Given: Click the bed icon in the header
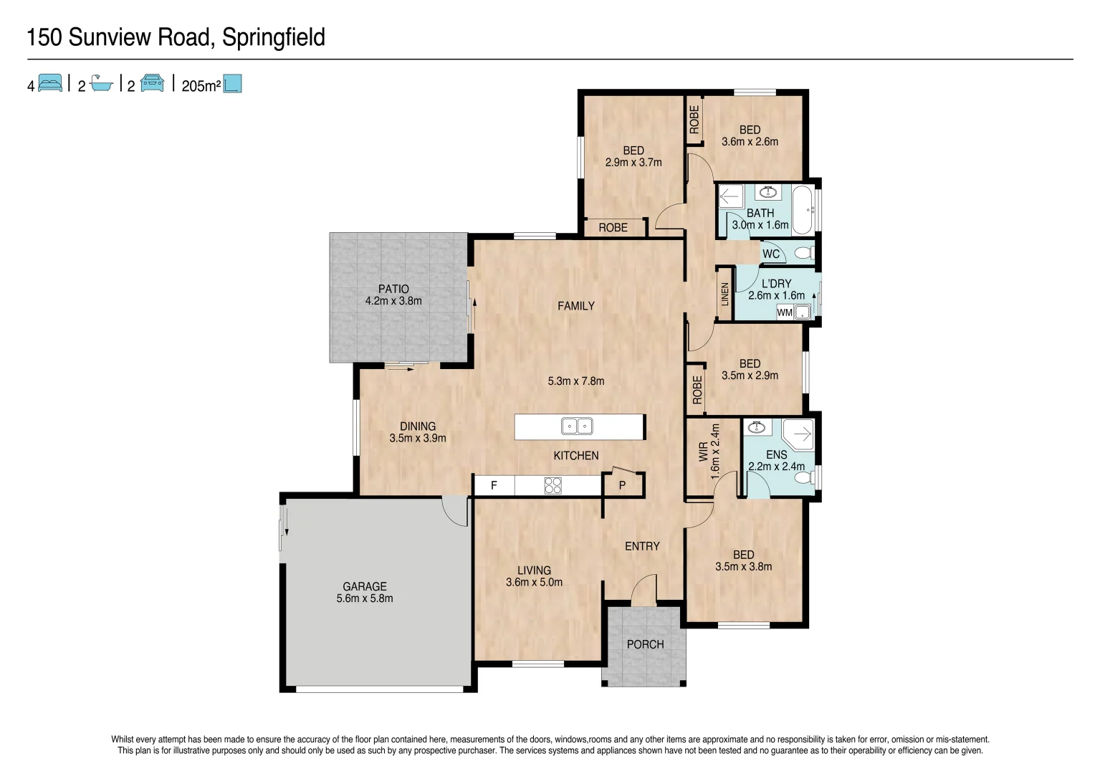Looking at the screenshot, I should (x=50, y=83).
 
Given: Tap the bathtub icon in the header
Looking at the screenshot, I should (x=102, y=84).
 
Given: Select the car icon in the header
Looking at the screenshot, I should (x=152, y=83).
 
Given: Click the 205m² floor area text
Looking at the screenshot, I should (x=201, y=86).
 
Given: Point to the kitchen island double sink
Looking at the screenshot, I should (x=577, y=426).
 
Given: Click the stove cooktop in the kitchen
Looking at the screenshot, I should (x=552, y=485).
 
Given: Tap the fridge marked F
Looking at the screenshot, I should (x=494, y=485).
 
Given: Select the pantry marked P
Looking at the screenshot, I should (x=622, y=485).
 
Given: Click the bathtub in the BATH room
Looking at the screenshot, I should (x=803, y=209).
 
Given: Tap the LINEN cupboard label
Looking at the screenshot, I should (x=725, y=294).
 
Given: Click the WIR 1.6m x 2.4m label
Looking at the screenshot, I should (x=709, y=450).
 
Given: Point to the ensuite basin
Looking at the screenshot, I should (x=756, y=428).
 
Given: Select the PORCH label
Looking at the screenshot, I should (x=645, y=644).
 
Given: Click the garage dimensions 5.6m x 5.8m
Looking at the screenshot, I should (x=365, y=598).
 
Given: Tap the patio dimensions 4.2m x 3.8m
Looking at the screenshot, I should (x=393, y=301).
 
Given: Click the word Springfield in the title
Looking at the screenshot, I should (x=274, y=37).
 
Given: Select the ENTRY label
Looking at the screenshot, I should (x=642, y=546).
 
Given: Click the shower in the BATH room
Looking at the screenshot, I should (x=731, y=196).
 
